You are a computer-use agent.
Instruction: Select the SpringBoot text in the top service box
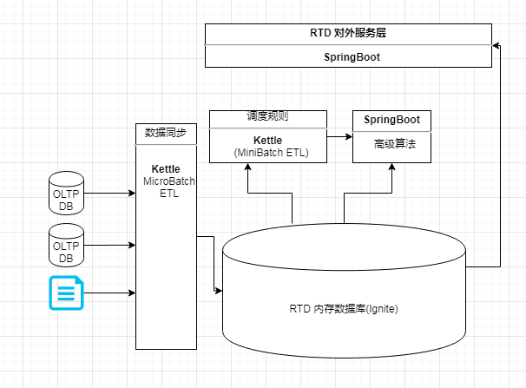(347, 56)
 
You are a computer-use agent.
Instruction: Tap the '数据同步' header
(166, 134)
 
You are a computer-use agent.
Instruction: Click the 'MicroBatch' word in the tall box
(169, 181)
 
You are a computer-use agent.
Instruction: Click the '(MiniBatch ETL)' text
(268, 153)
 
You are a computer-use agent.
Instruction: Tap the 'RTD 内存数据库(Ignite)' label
(344, 309)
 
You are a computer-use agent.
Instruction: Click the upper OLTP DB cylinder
(66, 194)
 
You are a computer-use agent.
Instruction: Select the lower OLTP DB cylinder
(66, 245)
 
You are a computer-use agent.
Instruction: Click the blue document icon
(66, 293)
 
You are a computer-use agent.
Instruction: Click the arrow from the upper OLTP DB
(109, 194)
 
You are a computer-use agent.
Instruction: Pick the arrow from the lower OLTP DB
(109, 245)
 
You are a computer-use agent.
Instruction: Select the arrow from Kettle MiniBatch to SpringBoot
(339, 136)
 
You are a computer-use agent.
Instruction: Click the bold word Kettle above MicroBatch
(166, 168)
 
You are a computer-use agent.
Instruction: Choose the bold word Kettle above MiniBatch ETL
(268, 140)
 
